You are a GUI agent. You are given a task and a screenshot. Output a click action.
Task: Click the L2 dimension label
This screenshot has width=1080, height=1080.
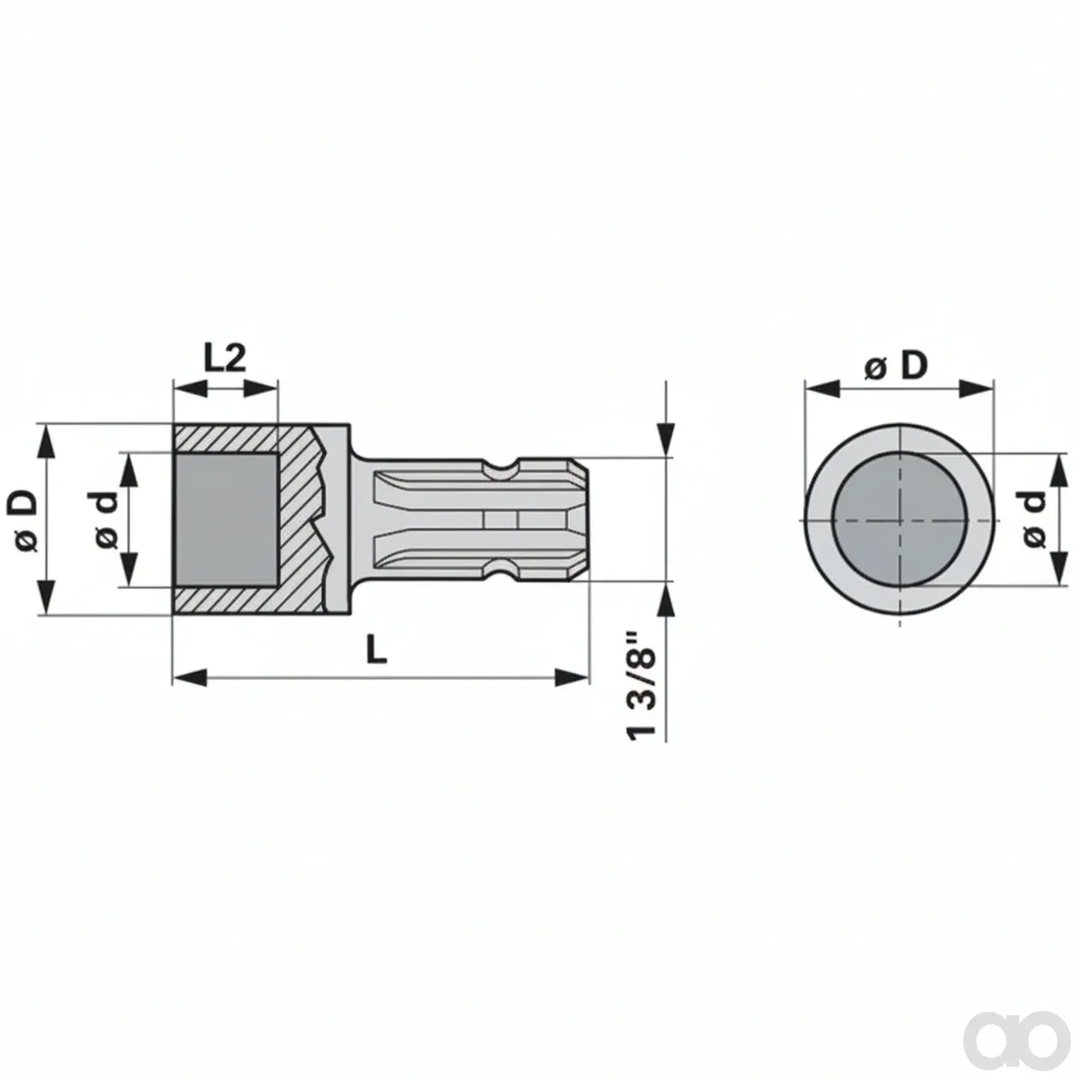click(224, 359)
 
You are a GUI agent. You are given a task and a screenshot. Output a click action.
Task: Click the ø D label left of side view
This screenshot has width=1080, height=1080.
click(23, 519)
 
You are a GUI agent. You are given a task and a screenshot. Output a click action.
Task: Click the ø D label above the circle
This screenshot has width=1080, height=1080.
click(896, 366)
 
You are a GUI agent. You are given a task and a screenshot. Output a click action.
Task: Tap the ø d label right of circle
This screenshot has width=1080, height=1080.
click(1033, 519)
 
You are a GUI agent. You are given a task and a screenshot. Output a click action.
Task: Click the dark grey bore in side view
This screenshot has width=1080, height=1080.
click(226, 519)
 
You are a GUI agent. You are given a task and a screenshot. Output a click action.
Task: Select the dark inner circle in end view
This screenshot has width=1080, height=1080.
click(899, 519)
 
